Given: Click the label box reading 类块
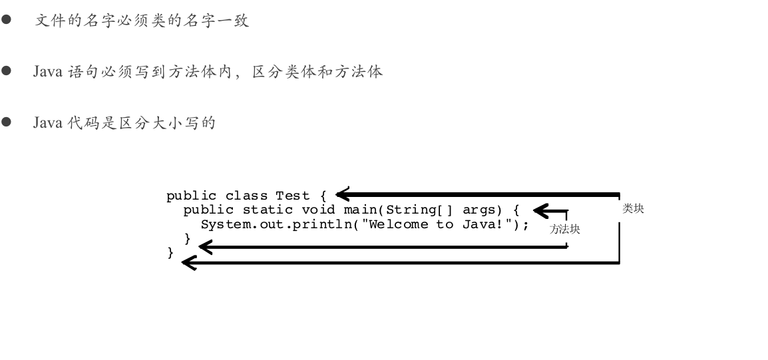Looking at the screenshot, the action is click(x=632, y=210).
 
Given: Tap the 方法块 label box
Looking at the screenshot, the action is click(x=565, y=230).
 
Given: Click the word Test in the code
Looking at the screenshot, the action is click(x=293, y=196).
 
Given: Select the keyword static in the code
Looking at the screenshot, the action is click(x=268, y=210).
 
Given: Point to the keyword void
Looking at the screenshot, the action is click(x=318, y=210).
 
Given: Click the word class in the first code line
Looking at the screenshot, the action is click(x=242, y=196).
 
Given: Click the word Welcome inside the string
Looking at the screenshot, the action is click(x=399, y=224).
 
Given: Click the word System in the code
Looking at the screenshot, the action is click(x=226, y=224).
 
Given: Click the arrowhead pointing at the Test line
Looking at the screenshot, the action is click(x=343, y=194).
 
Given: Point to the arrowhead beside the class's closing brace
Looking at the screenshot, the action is click(x=189, y=263).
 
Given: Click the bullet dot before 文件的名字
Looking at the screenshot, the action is click(x=7, y=20).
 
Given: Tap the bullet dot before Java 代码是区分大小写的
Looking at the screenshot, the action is click(x=7, y=122).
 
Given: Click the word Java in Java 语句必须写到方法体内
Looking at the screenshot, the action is click(x=48, y=71).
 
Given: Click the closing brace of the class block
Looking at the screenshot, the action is click(x=170, y=253).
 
